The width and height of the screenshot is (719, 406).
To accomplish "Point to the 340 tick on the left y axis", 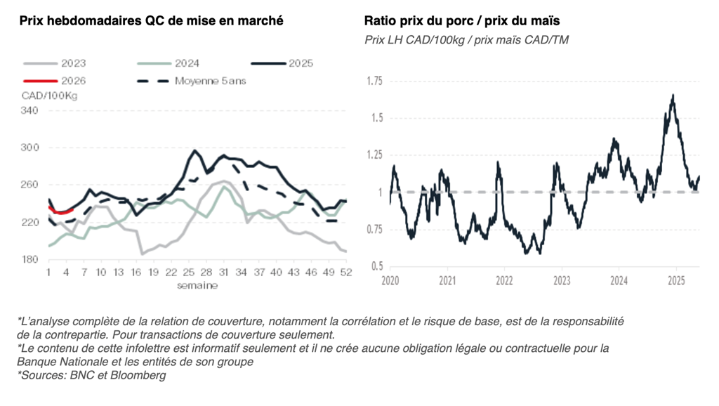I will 29,110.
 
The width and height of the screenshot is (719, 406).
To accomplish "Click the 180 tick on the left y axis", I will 29,260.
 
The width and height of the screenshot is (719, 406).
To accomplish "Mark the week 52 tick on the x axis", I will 345,272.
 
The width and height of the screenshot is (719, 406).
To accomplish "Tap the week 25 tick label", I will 188,272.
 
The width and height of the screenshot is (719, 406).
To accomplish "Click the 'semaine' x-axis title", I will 197,284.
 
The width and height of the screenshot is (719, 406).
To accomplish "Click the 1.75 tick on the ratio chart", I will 375,81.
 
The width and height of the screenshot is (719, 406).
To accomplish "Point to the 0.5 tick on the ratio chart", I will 377,266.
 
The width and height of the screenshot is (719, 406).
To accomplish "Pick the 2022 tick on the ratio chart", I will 504,281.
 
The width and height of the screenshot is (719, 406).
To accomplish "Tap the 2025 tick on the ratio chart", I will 675,281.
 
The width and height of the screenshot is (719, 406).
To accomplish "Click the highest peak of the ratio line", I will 673,96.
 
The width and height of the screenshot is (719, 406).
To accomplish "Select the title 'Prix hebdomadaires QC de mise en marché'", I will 151,20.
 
